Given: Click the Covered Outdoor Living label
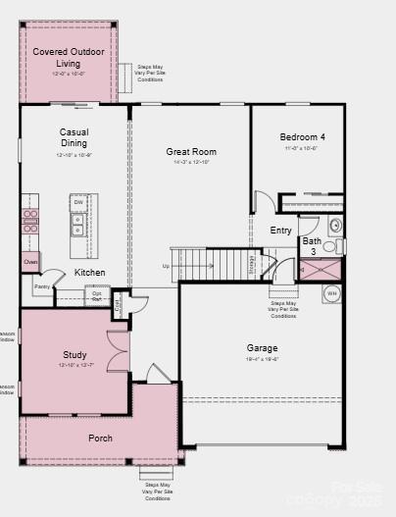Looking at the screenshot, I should click(x=69, y=57).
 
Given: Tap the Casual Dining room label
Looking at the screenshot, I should click(x=74, y=137).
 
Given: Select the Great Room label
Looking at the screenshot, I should click(x=191, y=152).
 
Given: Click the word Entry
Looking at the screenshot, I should click(x=280, y=231).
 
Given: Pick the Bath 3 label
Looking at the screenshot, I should click(x=311, y=246).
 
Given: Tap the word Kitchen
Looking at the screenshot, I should click(x=90, y=273).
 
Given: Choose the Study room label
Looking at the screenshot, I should click(x=74, y=355).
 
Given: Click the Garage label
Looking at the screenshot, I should click(x=262, y=348).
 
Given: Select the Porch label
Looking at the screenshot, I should click(x=101, y=438).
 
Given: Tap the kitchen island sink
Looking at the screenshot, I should click(x=76, y=232).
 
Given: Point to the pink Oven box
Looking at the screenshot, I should click(x=30, y=262).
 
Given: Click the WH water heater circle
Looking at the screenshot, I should click(x=331, y=292).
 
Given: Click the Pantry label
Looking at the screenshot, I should click(x=41, y=286).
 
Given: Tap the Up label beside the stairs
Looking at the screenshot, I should click(x=166, y=266).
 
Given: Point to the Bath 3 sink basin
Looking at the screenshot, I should click(x=334, y=245).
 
